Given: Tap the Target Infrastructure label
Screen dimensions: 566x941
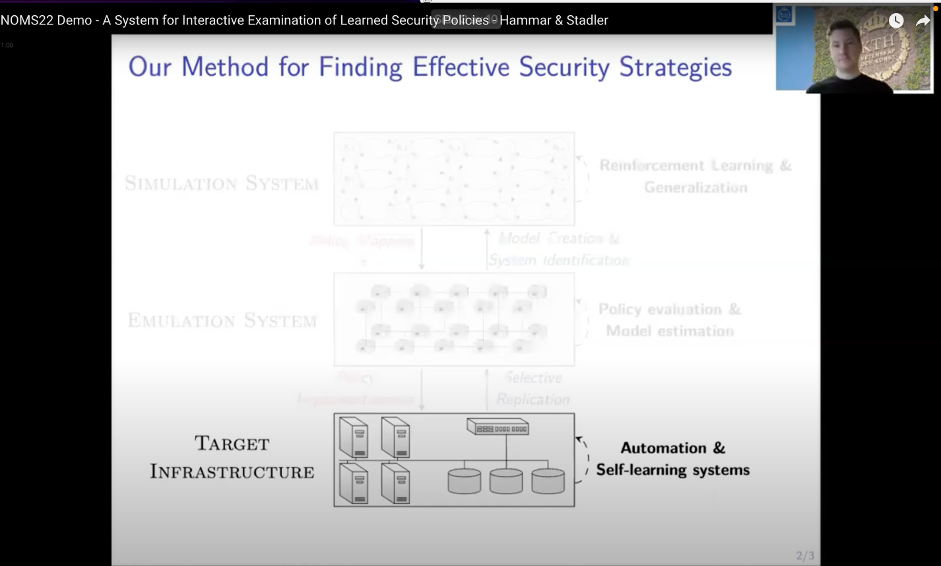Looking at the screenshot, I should (x=232, y=457).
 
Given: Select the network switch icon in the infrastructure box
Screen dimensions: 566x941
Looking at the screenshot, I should (x=498, y=427).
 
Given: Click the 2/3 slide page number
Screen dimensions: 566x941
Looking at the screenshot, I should (x=804, y=555).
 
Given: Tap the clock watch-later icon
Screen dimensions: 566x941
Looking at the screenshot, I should (x=895, y=21).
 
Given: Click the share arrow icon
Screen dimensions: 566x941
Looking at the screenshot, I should (x=922, y=21).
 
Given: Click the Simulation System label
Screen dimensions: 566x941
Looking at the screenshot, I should (x=222, y=183).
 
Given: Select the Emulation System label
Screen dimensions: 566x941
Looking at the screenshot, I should (x=222, y=321).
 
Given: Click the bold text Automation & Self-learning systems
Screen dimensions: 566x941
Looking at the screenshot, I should (x=672, y=458).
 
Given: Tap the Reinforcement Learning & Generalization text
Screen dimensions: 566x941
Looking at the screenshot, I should (x=695, y=176).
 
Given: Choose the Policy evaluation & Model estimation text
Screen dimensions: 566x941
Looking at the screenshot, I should (x=669, y=319).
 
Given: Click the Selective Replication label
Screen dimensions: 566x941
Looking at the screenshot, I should (x=533, y=389).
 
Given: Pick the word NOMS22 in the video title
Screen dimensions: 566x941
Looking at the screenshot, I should (x=26, y=20).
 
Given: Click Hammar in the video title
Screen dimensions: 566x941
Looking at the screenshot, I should (x=525, y=20).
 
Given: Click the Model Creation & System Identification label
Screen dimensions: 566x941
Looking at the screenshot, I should (x=558, y=249).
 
